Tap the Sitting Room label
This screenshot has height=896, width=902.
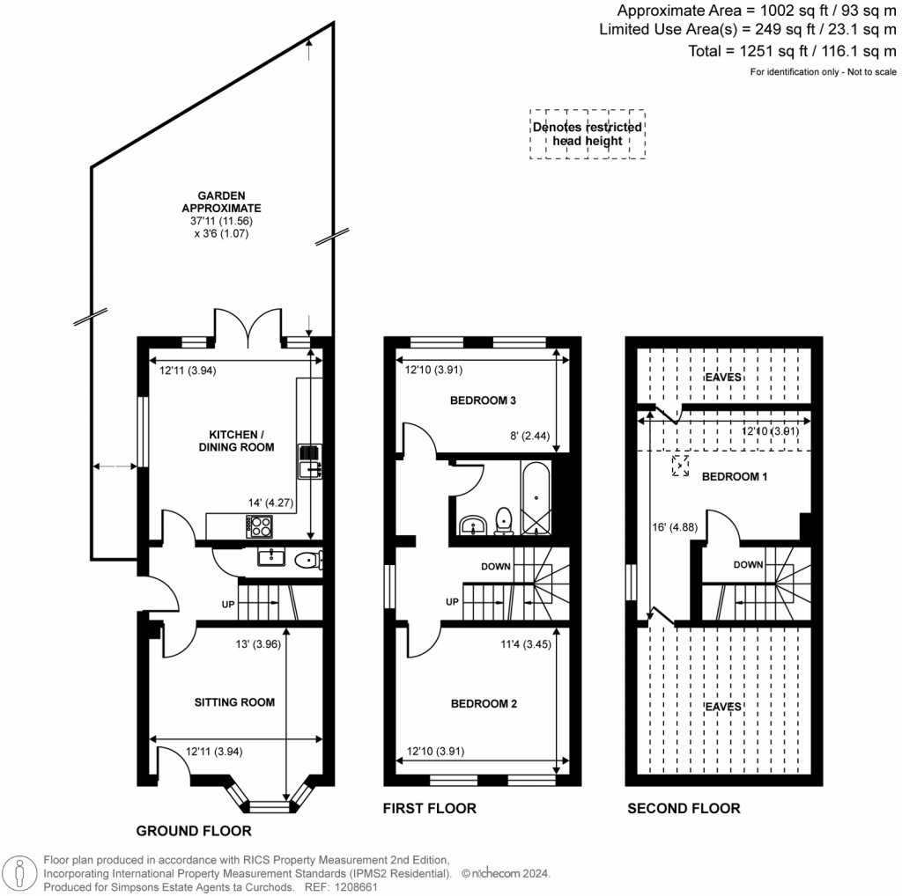[234, 702]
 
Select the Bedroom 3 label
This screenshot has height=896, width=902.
[482, 400]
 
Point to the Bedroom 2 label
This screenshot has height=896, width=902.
[484, 704]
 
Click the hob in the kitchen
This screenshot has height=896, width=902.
[261, 525]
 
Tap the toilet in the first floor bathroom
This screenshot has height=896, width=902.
[505, 520]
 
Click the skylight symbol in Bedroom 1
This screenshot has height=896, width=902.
[680, 466]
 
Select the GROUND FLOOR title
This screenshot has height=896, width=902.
[194, 831]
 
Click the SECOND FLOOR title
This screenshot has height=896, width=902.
[684, 808]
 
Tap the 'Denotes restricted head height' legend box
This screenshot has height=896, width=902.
[588, 134]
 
